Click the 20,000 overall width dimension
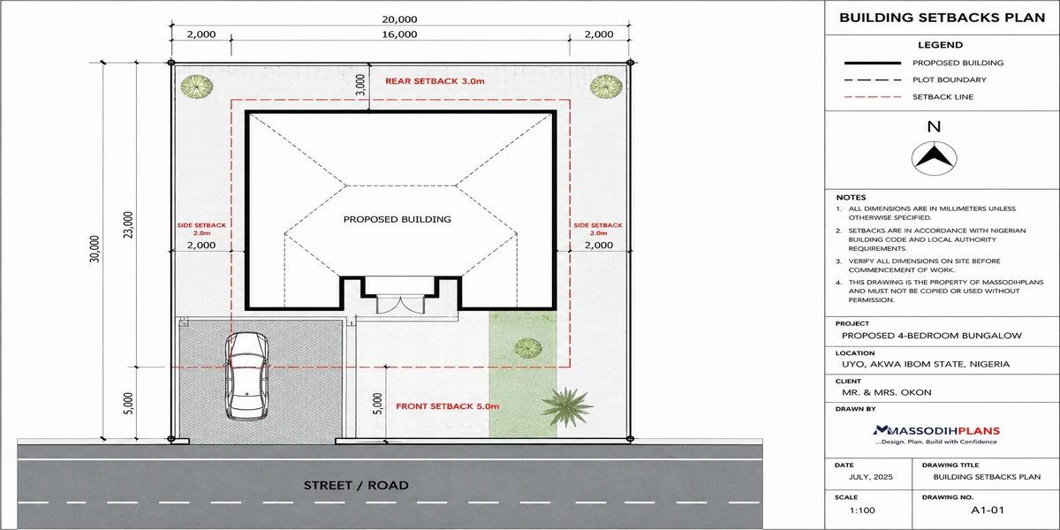[399, 19]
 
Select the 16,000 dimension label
[399, 34]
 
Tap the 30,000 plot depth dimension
[95, 249]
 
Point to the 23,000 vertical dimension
[128, 224]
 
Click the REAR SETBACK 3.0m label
[435, 81]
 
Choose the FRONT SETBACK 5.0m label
[448, 406]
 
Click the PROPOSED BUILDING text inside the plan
[397, 219]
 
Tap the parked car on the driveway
[246, 376]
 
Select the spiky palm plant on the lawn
[566, 406]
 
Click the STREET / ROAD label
[356, 486]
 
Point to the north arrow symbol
[935, 158]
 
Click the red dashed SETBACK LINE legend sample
[873, 97]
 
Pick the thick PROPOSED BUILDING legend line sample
[873, 63]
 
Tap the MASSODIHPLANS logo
[936, 435]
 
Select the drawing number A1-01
[988, 511]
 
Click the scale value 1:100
[862, 511]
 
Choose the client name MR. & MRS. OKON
[886, 392]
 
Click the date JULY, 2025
[871, 477]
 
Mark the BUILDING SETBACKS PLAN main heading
[943, 18]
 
